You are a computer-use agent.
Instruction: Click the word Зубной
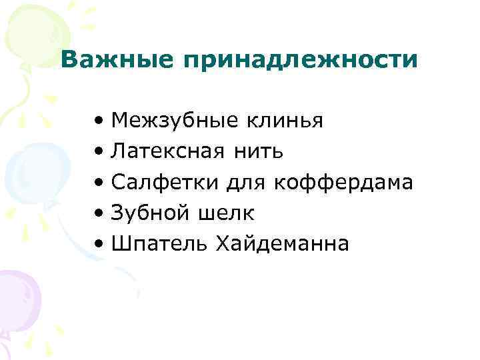tap(151, 213)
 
